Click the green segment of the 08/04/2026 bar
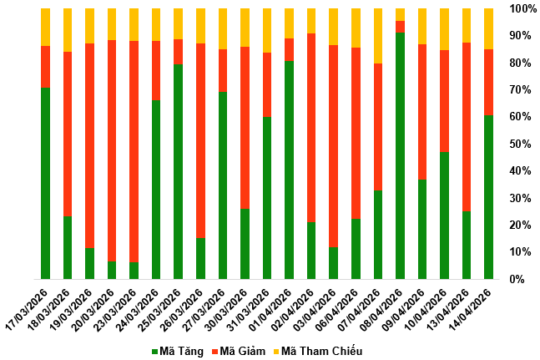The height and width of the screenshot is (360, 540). click(401, 155)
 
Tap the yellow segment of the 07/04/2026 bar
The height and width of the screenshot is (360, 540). click(378, 36)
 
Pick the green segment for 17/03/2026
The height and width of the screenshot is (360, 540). click(46, 183)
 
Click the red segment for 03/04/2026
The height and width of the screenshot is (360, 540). click(334, 146)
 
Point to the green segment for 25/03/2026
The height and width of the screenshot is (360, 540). click(179, 171)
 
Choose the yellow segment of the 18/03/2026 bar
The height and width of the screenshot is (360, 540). click(68, 30)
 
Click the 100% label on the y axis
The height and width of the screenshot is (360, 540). click(522, 8)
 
